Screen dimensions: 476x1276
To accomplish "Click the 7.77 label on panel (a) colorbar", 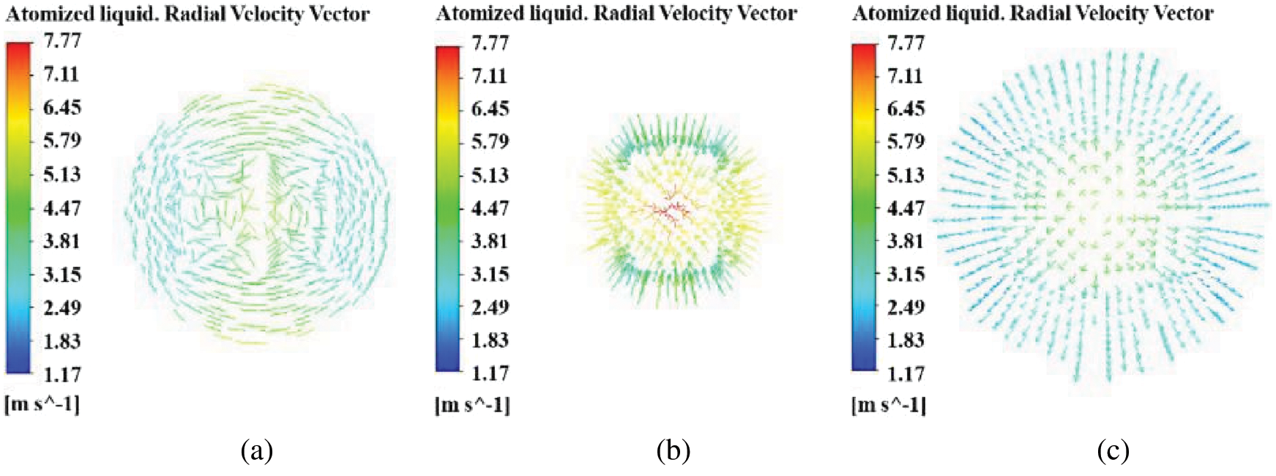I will point(61,41).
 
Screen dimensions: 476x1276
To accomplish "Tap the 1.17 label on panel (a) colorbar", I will point(61,374).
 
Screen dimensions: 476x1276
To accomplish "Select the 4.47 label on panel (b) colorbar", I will point(490,208).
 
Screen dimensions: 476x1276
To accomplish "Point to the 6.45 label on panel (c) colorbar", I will point(906,108).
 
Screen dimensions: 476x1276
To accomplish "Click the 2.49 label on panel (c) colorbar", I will point(906,307).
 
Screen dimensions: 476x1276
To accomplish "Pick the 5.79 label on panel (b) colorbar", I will point(490,141).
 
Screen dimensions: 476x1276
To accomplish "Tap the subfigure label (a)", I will point(256,450).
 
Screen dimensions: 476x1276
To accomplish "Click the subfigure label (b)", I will point(673,450).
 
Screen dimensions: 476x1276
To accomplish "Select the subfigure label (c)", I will point(1113,450).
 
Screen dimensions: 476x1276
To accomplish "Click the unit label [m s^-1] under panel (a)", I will point(42,404).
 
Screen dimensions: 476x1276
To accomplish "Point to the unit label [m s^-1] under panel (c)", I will point(889,404).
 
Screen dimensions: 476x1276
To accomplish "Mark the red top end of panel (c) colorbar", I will point(864,50).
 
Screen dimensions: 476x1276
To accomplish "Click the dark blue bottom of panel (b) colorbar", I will point(448,364).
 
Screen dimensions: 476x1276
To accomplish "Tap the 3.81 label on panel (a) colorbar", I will point(61,241).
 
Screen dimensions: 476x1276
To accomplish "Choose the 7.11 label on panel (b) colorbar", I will point(490,75).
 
